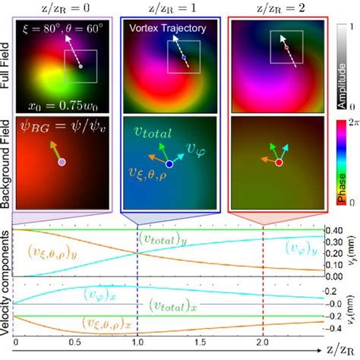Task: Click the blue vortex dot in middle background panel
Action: pos(169,163)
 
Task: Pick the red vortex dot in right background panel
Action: pos(279,163)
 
